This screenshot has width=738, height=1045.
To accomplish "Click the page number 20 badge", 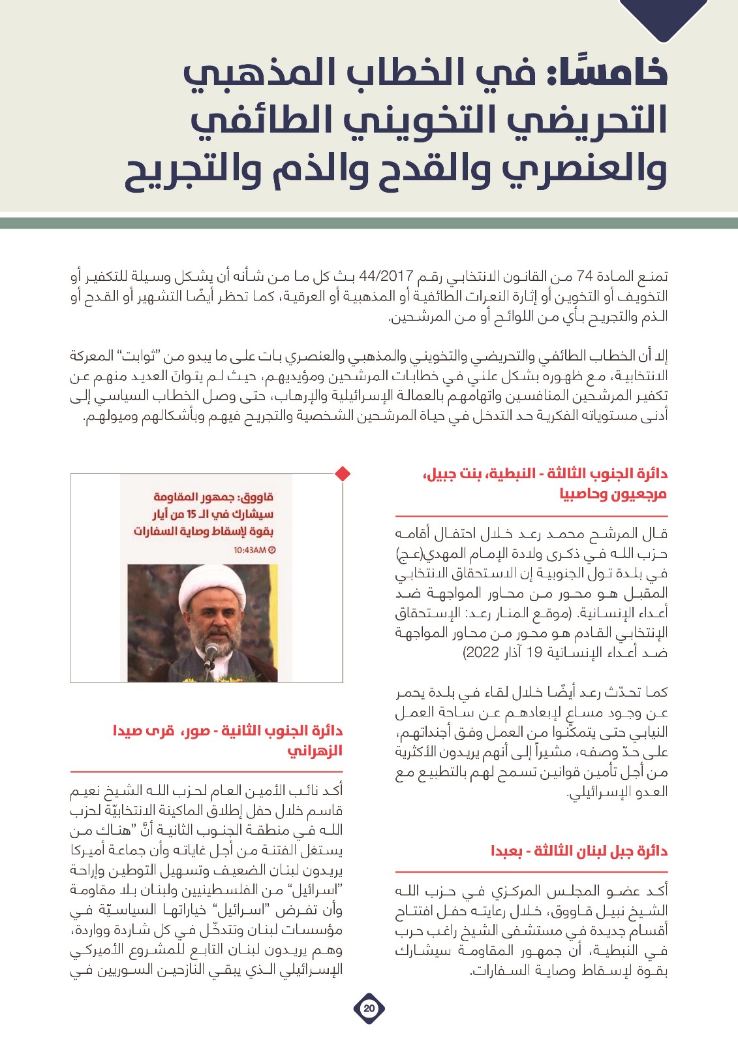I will click(x=369, y=1008).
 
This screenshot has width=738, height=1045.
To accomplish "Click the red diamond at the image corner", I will click(x=343, y=474).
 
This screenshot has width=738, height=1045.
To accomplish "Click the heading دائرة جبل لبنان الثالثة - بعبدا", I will click(x=579, y=851).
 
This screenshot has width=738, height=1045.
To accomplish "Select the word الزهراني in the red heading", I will click(x=315, y=751).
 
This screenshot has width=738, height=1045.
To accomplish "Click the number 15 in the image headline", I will click(x=191, y=515).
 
